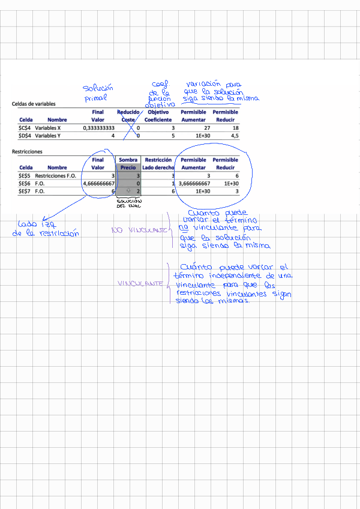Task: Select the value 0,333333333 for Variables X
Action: (x=99, y=128)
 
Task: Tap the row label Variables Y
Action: (x=49, y=136)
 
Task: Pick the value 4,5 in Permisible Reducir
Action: (x=235, y=136)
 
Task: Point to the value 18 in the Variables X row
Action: (x=236, y=128)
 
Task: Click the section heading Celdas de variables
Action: (x=33, y=104)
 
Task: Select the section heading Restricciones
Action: (x=27, y=152)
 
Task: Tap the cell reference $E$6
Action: (x=25, y=183)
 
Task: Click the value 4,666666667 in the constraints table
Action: (x=99, y=183)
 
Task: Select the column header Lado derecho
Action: (x=158, y=167)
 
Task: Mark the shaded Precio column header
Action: (x=129, y=167)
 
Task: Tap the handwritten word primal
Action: (x=96, y=97)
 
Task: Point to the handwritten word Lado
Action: (x=26, y=225)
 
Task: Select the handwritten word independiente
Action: (x=231, y=276)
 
